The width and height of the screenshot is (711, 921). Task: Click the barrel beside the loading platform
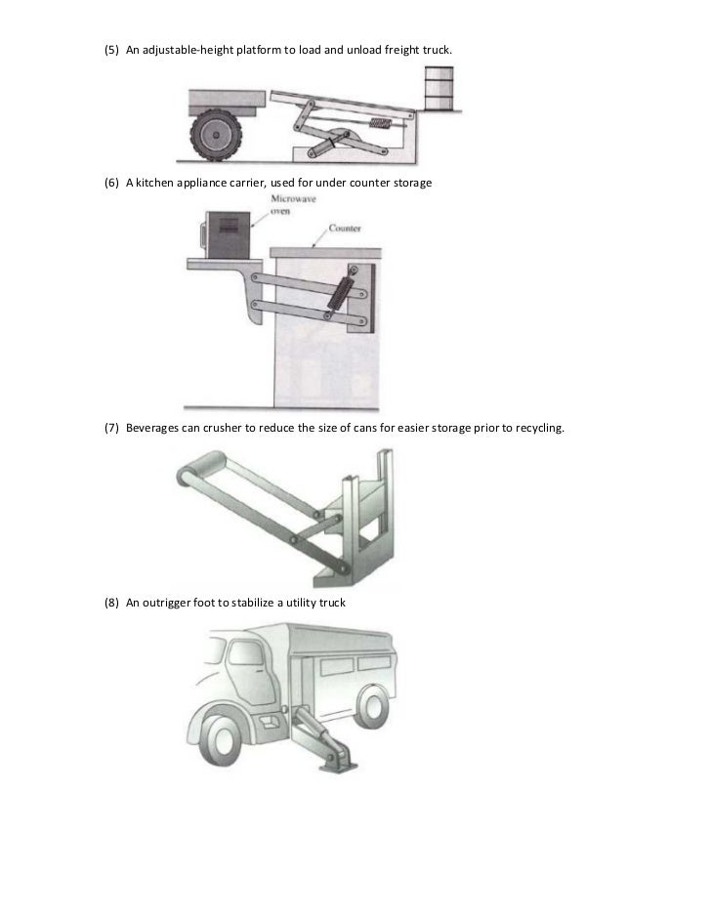click(439, 88)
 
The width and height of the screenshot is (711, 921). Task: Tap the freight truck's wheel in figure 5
click(216, 135)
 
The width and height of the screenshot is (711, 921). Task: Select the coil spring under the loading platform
click(381, 123)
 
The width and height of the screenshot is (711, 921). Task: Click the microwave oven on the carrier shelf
click(228, 234)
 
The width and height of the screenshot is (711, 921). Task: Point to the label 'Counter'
click(345, 228)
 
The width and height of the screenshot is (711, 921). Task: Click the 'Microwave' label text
click(293, 198)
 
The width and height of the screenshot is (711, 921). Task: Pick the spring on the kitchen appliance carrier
click(341, 290)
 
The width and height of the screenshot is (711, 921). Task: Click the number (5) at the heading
click(111, 50)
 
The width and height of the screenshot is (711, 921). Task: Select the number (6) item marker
click(111, 183)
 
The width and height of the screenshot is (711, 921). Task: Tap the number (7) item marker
click(111, 428)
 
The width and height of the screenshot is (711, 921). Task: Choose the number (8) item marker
click(111, 603)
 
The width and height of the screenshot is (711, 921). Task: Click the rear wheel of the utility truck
click(372, 706)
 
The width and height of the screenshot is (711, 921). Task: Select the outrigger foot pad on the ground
click(338, 766)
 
